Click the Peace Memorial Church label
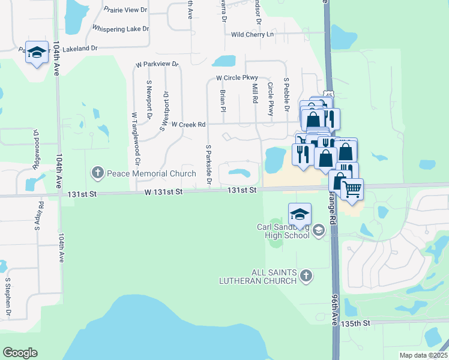click(x=151, y=173)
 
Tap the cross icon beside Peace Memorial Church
click(x=98, y=173)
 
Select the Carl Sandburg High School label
click(x=283, y=231)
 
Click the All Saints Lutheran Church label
click(x=274, y=277)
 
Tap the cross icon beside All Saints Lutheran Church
click(x=306, y=276)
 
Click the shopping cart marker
click(x=352, y=188)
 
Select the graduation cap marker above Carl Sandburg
click(x=300, y=213)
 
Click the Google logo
click(x=20, y=353)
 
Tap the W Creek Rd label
click(x=188, y=125)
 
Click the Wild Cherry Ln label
click(x=252, y=35)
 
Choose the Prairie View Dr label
click(x=125, y=10)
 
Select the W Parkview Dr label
click(x=157, y=64)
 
